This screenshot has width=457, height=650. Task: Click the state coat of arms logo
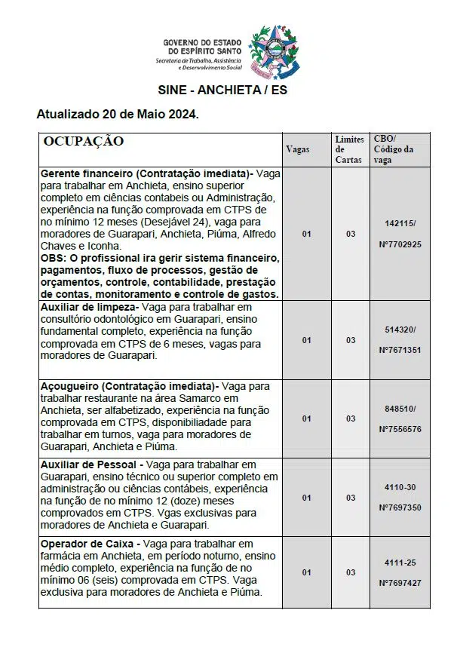(x=275, y=51)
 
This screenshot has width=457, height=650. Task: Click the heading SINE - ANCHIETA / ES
(x=222, y=90)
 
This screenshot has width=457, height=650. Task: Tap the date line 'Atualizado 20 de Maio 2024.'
(x=118, y=115)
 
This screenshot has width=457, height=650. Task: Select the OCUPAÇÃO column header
(x=84, y=141)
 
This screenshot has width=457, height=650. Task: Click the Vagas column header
(x=298, y=149)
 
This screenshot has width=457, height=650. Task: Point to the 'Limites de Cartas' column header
(x=349, y=149)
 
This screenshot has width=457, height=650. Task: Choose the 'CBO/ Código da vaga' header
(x=394, y=149)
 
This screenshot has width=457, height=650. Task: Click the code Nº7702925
(x=400, y=244)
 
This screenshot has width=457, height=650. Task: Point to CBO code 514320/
(x=400, y=330)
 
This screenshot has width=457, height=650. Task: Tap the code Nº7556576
(x=400, y=428)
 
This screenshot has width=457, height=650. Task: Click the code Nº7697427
(x=400, y=583)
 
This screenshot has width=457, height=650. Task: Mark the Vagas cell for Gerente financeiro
(x=306, y=234)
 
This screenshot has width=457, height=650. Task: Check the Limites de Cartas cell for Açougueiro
(x=351, y=419)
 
